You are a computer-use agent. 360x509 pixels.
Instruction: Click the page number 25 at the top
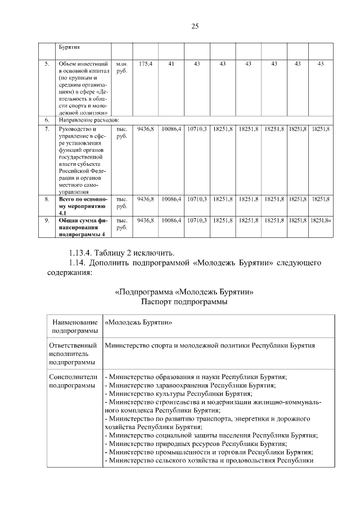(195, 26)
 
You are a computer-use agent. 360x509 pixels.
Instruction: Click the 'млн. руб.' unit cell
(122, 67)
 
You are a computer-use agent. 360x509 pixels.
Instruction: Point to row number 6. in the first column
(47, 120)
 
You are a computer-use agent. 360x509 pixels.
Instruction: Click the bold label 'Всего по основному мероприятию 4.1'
(82, 206)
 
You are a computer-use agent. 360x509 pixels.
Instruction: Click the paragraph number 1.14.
(79, 263)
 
